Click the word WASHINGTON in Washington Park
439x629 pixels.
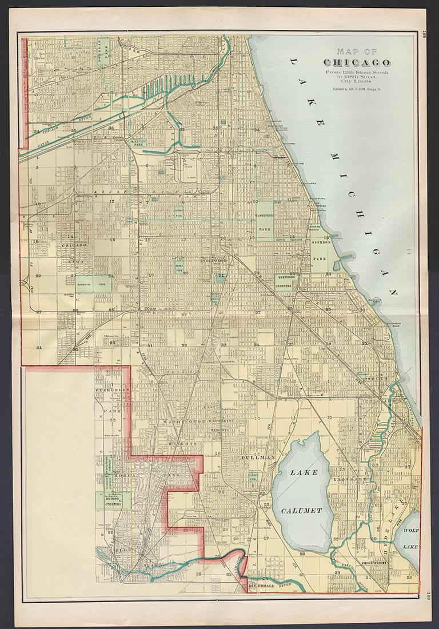(264, 215)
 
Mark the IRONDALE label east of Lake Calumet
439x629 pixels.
(349, 479)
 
